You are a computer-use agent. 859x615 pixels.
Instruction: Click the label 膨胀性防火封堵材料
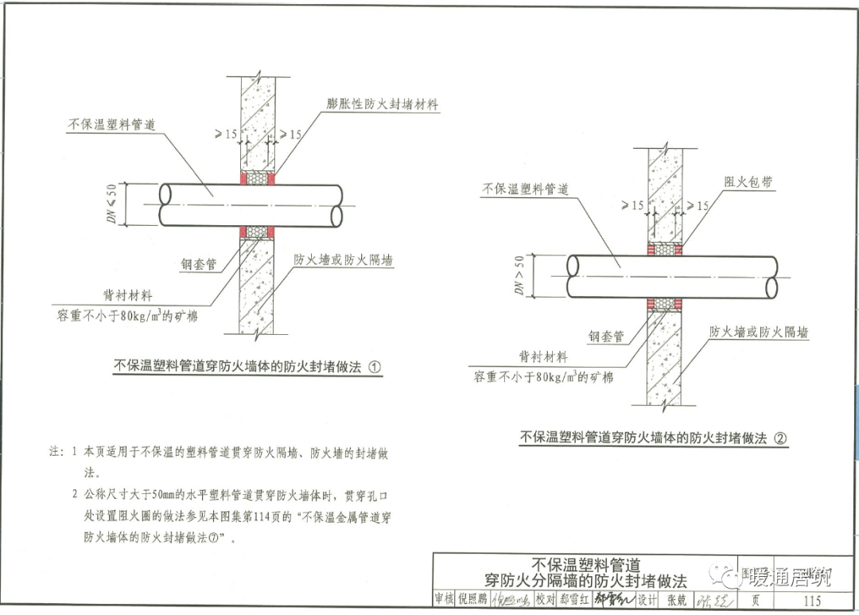click(x=383, y=104)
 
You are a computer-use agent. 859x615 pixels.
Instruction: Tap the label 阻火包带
click(x=748, y=182)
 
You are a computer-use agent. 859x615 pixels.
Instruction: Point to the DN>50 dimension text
click(x=519, y=276)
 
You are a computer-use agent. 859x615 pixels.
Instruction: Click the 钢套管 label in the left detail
click(x=199, y=263)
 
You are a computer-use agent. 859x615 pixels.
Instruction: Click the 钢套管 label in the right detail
click(x=606, y=337)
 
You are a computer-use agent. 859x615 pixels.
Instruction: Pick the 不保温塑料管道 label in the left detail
click(x=111, y=125)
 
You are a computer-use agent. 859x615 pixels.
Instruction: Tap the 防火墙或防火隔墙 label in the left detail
click(x=344, y=260)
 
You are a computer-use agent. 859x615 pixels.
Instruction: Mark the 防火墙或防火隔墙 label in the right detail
click(x=759, y=332)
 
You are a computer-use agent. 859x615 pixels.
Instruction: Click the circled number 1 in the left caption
click(x=375, y=368)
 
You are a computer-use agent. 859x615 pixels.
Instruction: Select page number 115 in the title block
click(x=812, y=601)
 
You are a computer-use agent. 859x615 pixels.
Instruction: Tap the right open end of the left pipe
click(x=337, y=205)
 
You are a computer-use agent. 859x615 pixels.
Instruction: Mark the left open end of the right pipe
click(x=573, y=275)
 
